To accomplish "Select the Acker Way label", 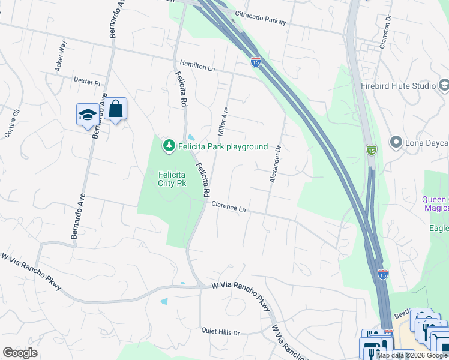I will pyautogui.click(x=60, y=56).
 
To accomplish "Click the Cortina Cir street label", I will pyautogui.click(x=13, y=124).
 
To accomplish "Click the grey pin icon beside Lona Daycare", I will pyautogui.click(x=396, y=143).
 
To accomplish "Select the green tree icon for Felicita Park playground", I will pyautogui.click(x=169, y=146).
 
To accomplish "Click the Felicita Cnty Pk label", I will pyautogui.click(x=170, y=179).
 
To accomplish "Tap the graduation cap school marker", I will pyautogui.click(x=88, y=114).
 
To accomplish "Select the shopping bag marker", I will pyautogui.click(x=116, y=109).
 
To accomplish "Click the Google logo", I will pyautogui.click(x=20, y=353).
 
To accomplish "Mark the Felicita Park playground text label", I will pyautogui.click(x=222, y=146).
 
